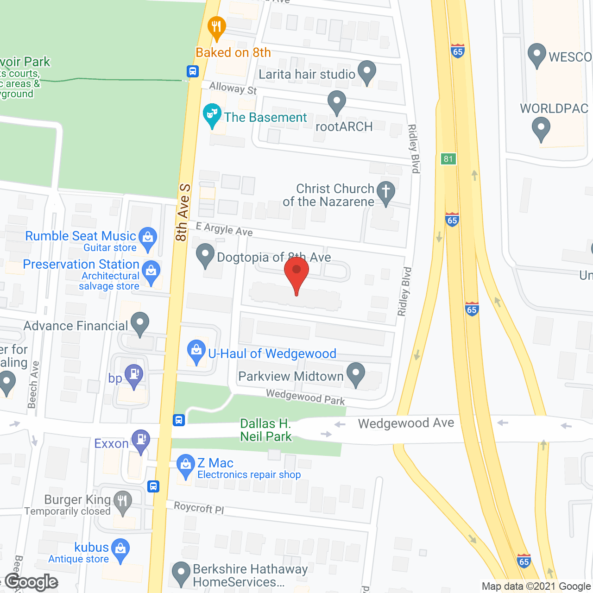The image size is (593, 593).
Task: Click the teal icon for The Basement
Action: click(212, 114)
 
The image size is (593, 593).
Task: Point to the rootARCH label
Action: click(344, 127)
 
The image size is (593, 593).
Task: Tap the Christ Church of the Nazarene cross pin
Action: click(385, 192)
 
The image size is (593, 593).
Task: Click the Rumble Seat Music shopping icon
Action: click(148, 238)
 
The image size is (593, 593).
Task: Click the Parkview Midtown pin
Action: click(356, 374)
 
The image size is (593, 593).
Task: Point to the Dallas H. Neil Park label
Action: click(266, 430)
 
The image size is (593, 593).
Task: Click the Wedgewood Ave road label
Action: click(406, 423)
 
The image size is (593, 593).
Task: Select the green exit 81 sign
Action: click(448, 159)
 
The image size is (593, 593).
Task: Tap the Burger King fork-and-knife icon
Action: click(123, 502)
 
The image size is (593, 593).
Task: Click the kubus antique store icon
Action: click(120, 550)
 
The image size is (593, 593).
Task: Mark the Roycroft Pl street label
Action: click(199, 508)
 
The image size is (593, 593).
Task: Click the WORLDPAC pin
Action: click(541, 128)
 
